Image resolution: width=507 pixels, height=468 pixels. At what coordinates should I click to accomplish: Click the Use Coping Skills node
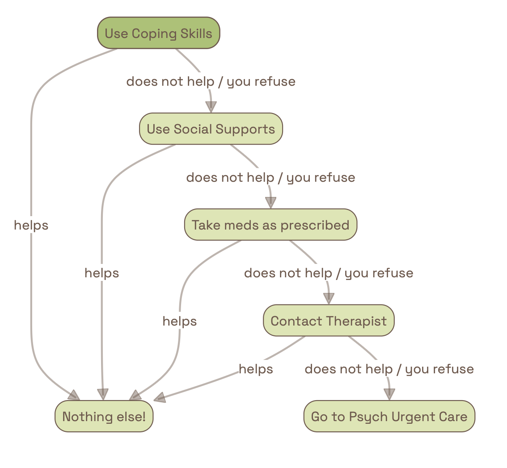tap(158, 33)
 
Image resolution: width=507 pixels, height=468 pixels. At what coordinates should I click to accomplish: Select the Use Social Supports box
tap(211, 129)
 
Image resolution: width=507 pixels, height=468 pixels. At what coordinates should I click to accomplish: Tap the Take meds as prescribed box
tap(270, 225)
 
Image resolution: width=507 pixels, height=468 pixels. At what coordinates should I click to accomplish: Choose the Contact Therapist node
tap(329, 321)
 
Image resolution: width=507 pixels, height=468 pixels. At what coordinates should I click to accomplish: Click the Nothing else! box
tap(104, 417)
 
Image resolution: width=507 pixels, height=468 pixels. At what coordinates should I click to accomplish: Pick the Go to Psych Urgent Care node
tap(389, 417)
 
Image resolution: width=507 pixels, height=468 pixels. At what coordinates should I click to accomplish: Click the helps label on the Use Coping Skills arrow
tap(31, 226)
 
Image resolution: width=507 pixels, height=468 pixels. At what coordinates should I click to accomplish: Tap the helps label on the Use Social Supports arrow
tap(101, 273)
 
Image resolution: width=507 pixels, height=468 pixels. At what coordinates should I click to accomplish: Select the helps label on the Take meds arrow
tap(179, 321)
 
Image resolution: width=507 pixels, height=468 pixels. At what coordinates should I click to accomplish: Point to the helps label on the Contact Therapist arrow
tap(256, 369)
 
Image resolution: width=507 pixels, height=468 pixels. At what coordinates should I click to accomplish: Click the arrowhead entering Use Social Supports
tap(211, 107)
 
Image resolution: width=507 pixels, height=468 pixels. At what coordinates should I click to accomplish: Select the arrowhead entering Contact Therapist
tap(329, 299)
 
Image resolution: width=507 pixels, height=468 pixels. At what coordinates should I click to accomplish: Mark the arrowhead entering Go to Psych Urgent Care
tap(389, 394)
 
